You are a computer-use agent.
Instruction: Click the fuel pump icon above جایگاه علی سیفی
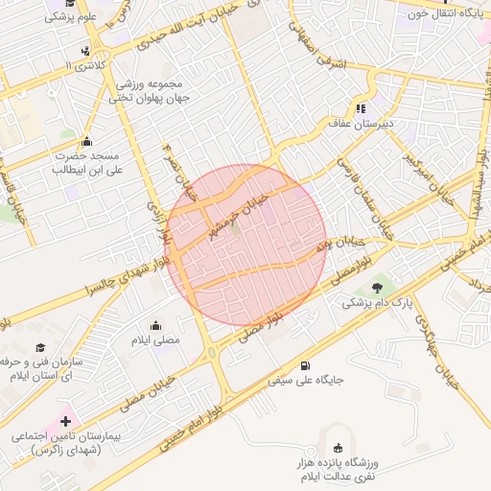click(x=305, y=364)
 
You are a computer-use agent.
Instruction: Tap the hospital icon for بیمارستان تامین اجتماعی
click(x=66, y=421)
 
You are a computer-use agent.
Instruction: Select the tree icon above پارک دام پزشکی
click(x=377, y=286)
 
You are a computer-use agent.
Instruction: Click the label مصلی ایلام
click(x=155, y=340)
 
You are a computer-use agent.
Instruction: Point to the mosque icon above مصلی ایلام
click(x=155, y=325)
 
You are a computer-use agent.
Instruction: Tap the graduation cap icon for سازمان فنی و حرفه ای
click(x=39, y=347)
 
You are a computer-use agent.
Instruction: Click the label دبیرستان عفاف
click(x=357, y=124)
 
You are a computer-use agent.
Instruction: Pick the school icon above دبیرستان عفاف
click(x=362, y=108)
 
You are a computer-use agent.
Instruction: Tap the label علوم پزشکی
click(x=74, y=17)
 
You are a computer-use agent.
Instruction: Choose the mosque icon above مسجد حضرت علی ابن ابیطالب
click(x=87, y=141)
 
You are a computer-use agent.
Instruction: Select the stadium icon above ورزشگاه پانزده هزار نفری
click(x=338, y=448)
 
